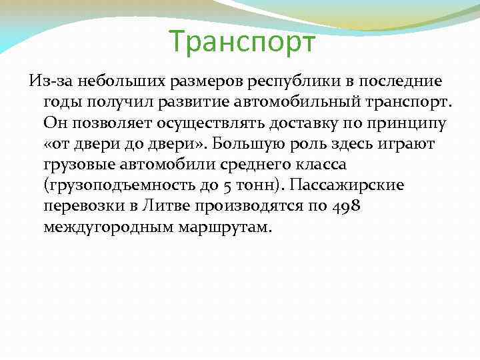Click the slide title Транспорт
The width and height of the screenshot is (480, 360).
click(241, 42)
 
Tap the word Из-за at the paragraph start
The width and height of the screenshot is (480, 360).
click(51, 83)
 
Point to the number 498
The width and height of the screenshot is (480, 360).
click(345, 206)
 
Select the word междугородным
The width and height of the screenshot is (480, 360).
click(105, 227)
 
